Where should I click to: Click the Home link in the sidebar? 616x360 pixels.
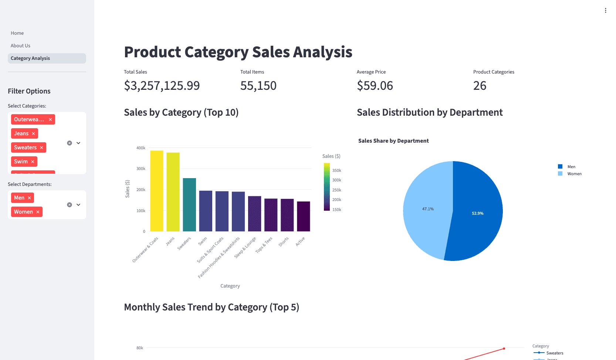17,33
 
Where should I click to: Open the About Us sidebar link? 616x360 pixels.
20,46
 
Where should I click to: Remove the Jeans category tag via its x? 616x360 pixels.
33,134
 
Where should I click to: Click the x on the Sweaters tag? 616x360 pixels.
41,148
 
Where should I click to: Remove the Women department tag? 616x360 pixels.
38,212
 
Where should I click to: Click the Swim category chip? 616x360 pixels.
21,162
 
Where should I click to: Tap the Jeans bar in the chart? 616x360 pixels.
173,192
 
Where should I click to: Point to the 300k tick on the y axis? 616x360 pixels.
141,169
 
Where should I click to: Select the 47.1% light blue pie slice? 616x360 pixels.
428,209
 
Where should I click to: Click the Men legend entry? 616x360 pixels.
571,167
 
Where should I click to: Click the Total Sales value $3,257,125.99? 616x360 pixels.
162,86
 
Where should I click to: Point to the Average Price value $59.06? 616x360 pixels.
375,86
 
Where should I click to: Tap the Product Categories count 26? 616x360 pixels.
480,86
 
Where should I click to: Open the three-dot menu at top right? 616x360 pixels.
605,10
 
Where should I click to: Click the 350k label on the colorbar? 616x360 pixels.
336,170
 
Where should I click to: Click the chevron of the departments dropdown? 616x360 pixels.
78,205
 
